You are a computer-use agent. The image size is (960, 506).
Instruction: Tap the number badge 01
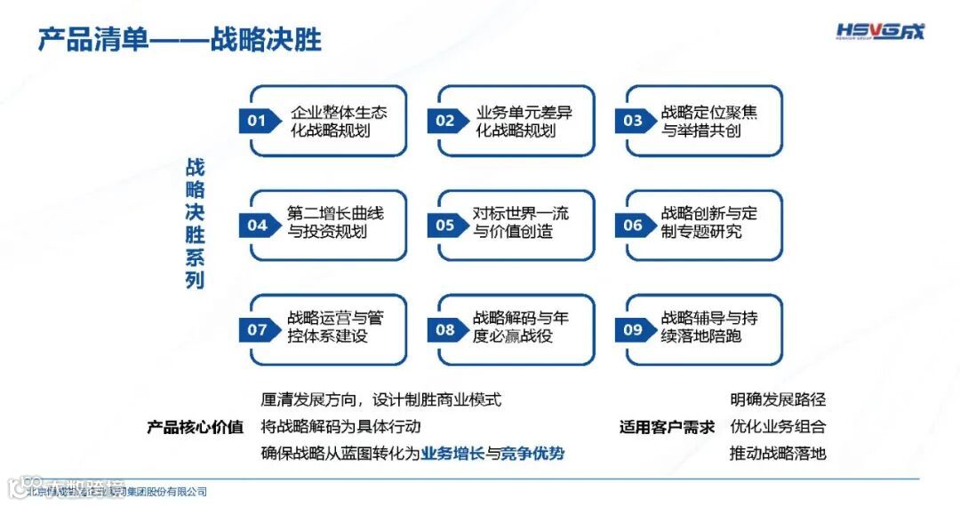point(257,121)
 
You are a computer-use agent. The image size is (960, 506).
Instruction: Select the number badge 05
point(445,225)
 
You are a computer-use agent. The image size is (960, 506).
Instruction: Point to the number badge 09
point(633,330)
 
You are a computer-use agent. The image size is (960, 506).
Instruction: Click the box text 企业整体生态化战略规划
point(339,122)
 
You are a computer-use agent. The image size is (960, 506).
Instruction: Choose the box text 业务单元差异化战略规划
point(524,122)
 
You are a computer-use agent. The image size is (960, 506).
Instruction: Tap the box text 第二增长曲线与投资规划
point(335,223)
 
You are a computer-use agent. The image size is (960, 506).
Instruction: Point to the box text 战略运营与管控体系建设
point(335,327)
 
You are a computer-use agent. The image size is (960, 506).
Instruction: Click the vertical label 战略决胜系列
point(195,224)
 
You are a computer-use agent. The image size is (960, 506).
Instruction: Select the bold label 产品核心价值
point(196,427)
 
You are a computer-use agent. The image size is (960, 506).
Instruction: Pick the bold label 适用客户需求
point(667,427)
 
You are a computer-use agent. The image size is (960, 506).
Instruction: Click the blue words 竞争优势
point(532,454)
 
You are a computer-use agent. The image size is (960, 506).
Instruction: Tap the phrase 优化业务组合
point(778,427)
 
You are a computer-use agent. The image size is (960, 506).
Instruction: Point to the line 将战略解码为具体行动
point(340,427)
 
